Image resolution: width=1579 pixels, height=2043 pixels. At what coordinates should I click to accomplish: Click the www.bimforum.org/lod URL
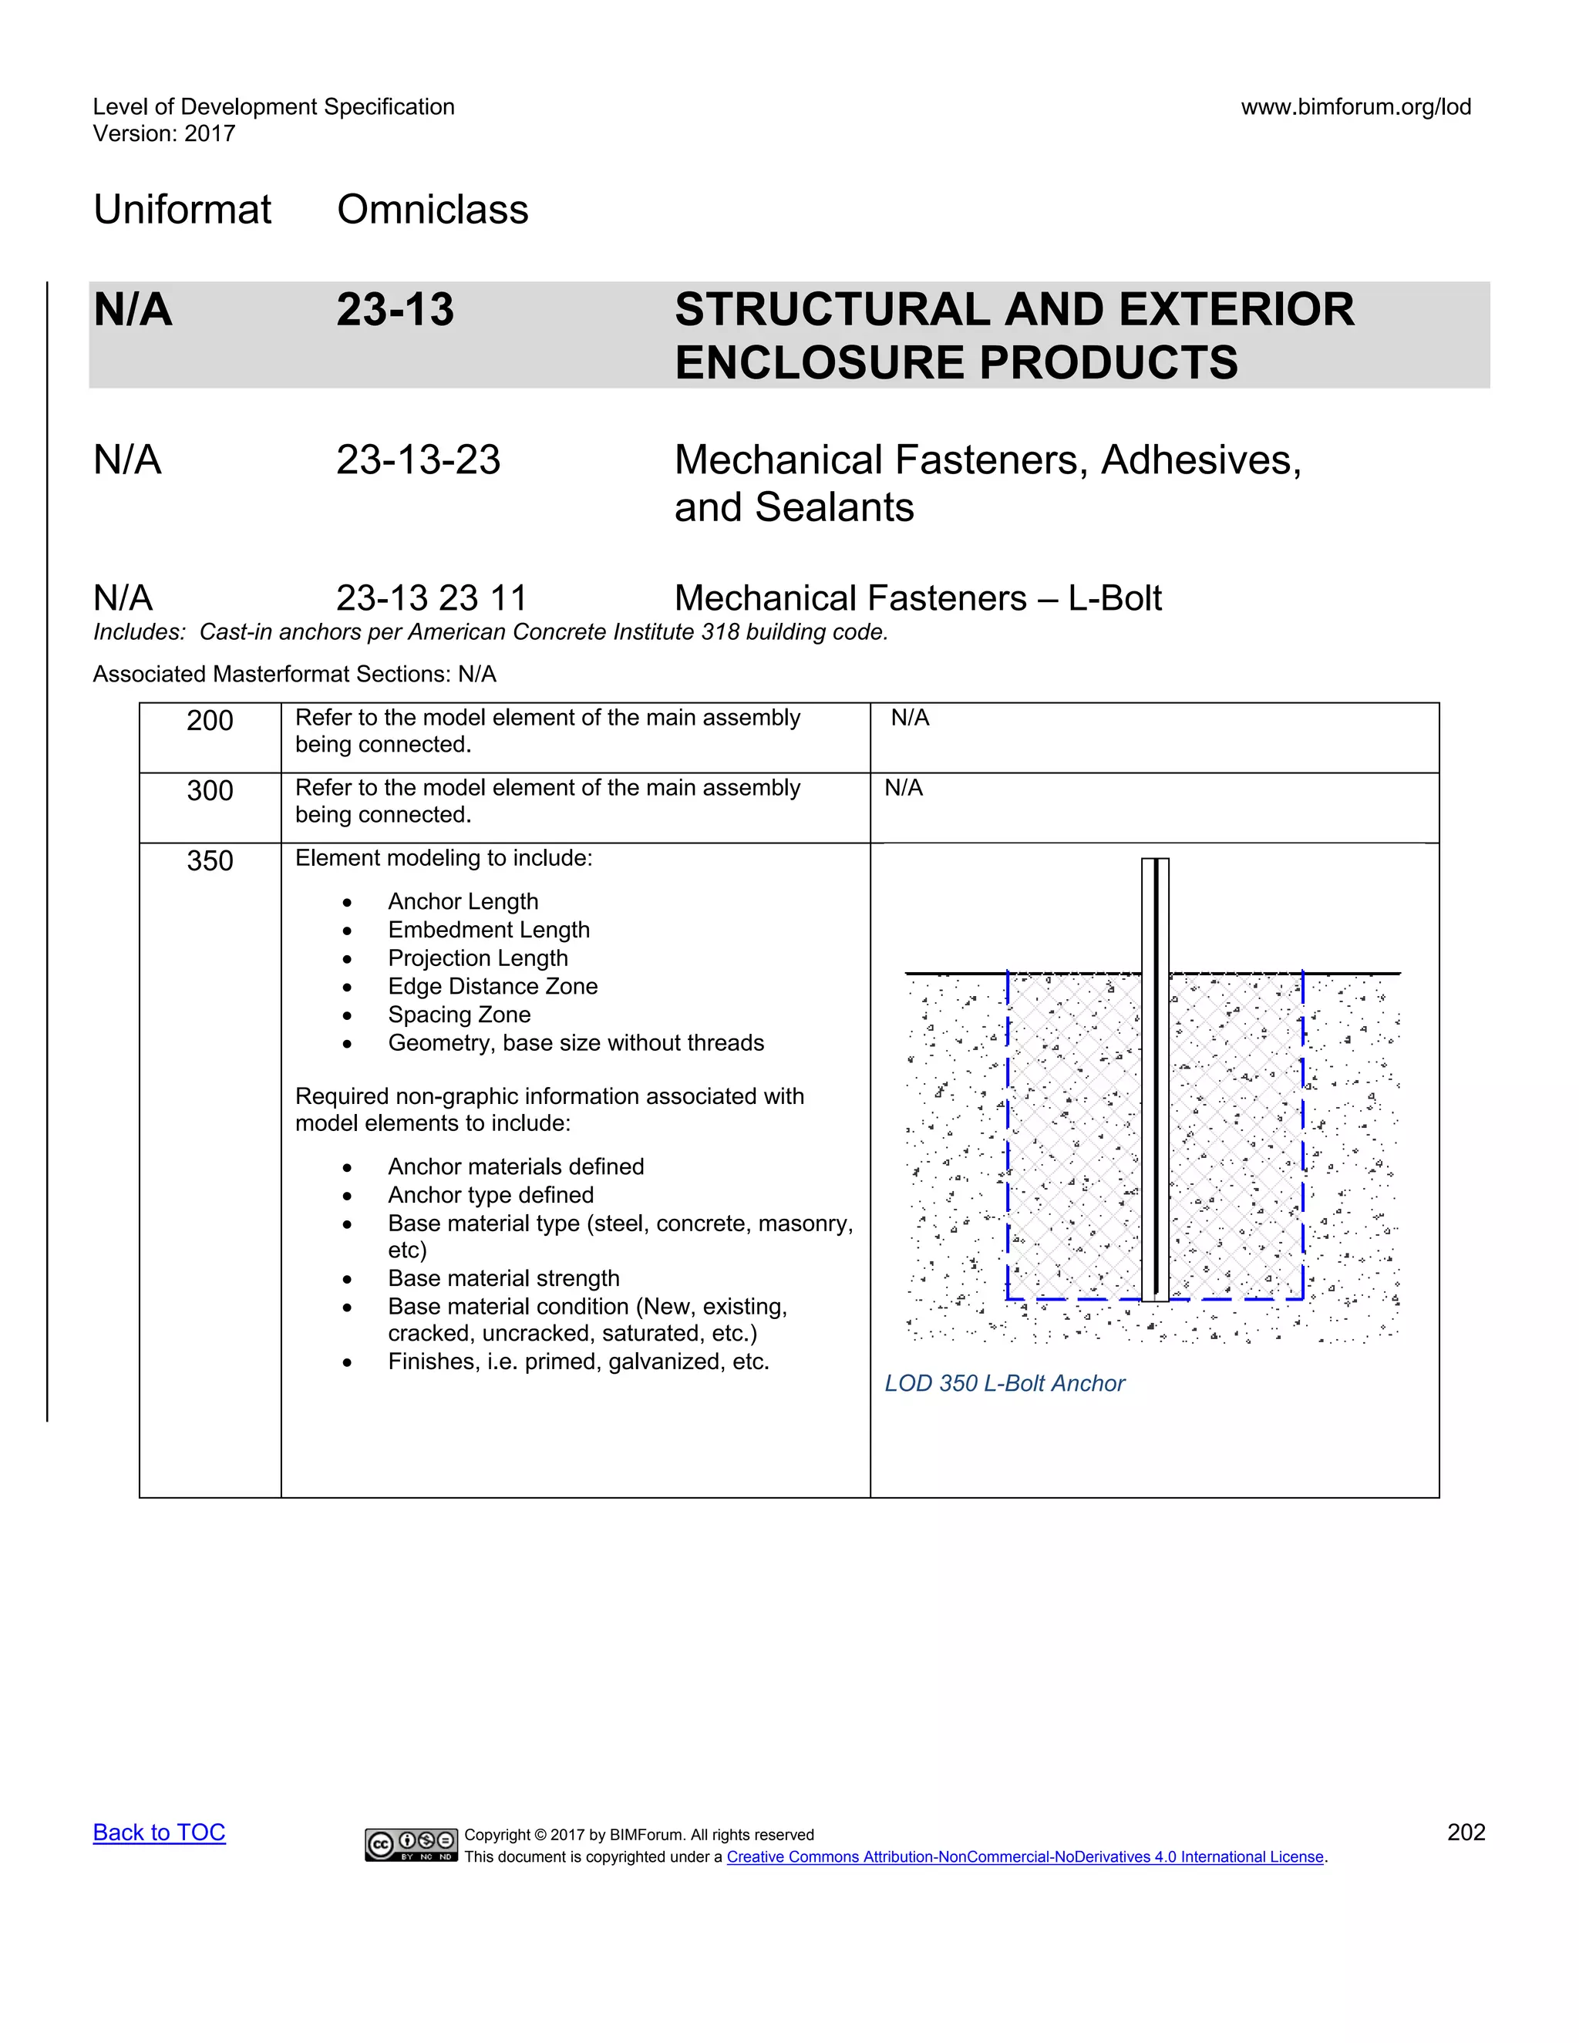tap(1355, 106)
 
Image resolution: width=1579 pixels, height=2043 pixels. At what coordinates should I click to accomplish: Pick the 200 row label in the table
tap(210, 722)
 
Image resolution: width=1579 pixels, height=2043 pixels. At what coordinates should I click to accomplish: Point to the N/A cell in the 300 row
tap(904, 789)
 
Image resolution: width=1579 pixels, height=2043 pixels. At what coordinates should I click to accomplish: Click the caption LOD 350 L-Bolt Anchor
tap(1004, 1384)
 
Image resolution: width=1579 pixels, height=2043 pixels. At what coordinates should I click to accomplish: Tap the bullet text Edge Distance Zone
tap(492, 987)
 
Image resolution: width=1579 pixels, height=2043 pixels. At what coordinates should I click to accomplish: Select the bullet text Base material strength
tap(503, 1279)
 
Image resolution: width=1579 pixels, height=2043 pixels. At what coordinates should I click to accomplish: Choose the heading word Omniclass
tap(433, 210)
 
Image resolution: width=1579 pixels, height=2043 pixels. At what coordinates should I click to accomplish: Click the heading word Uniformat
tap(183, 210)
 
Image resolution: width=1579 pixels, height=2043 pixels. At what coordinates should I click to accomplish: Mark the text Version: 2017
tap(163, 134)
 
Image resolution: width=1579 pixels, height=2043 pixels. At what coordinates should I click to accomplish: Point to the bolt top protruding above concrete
tap(1155, 912)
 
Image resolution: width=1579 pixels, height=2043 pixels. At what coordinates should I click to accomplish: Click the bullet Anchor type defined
tap(490, 1196)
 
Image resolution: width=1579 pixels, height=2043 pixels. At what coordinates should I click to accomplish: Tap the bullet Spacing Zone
tap(459, 1015)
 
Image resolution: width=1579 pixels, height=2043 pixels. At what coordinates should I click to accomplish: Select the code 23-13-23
tap(418, 460)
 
